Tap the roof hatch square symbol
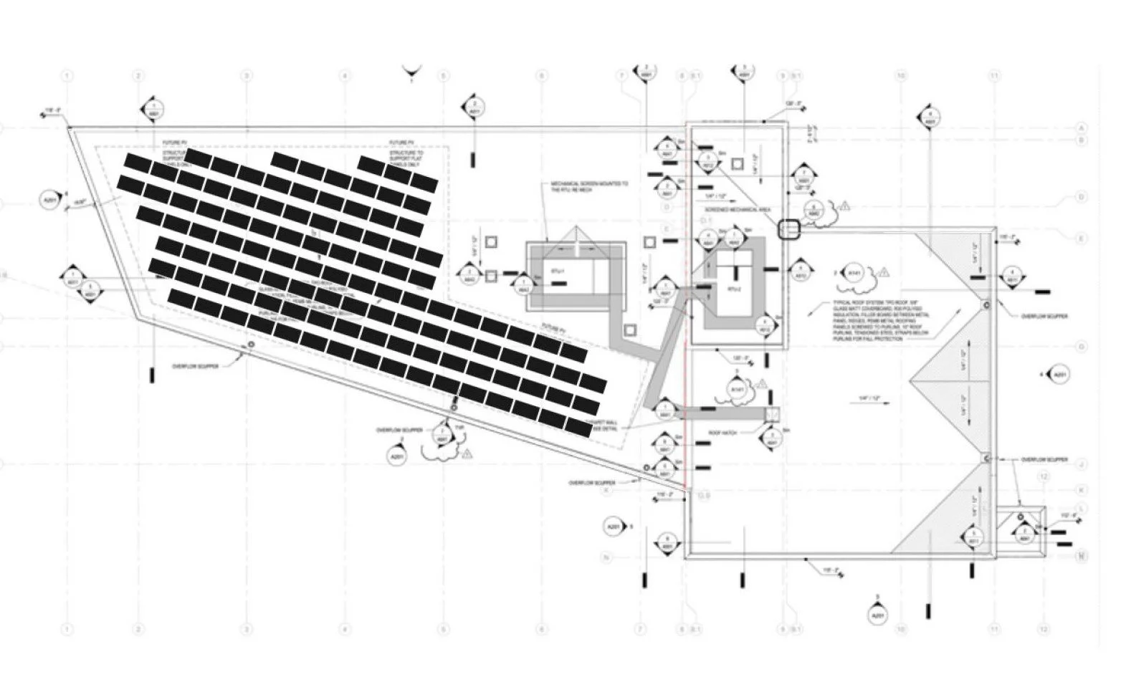(772, 414)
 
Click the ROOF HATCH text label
(723, 433)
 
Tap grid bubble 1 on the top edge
(67, 75)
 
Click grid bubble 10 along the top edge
(901, 75)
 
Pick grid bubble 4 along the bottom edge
(345, 630)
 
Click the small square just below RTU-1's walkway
(629, 330)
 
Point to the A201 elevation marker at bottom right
(877, 614)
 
